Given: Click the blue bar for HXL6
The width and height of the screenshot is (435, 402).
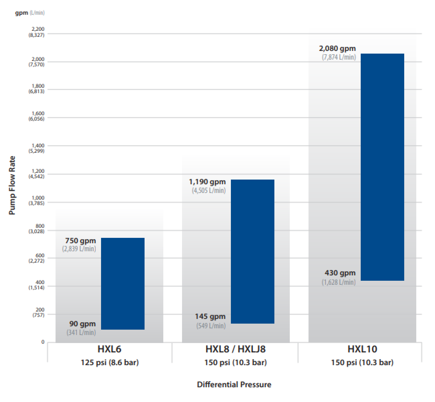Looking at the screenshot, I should (123, 284).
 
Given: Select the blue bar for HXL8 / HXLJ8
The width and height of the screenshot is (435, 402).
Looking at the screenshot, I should (253, 252).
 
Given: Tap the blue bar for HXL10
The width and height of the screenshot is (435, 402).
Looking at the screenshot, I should (382, 167).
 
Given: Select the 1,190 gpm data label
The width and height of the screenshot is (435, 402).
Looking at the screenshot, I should (207, 182).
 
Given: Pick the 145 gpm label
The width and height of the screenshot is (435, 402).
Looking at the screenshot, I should (210, 317).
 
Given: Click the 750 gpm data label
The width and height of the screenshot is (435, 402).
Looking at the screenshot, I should (81, 241).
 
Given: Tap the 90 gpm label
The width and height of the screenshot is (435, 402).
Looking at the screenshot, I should (83, 324).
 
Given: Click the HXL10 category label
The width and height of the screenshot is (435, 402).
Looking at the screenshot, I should (362, 349).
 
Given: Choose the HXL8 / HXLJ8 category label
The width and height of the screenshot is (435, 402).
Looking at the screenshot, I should (236, 349).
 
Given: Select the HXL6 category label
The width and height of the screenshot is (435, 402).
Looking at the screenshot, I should (109, 349).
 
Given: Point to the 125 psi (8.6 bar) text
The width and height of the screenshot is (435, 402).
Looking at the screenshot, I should (109, 362).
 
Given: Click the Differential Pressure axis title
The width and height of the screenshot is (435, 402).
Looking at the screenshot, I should (234, 385).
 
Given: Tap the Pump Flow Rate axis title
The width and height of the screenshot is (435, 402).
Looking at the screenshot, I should (12, 185).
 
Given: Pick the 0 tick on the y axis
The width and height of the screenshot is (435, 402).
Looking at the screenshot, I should (43, 342).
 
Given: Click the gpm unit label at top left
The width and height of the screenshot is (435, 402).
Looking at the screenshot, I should (21, 13).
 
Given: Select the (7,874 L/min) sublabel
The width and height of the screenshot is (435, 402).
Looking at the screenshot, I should (339, 57).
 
